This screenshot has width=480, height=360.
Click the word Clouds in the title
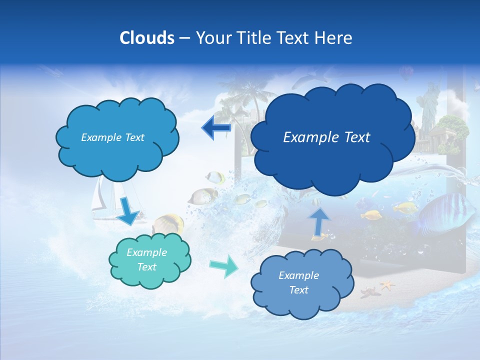(146, 38)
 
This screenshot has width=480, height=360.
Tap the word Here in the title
(334, 38)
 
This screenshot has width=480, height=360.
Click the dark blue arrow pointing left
(216, 128)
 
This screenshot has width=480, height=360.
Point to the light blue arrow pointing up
(318, 220)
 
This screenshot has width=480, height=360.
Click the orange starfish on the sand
(386, 285)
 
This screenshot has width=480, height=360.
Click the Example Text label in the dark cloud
(326, 137)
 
